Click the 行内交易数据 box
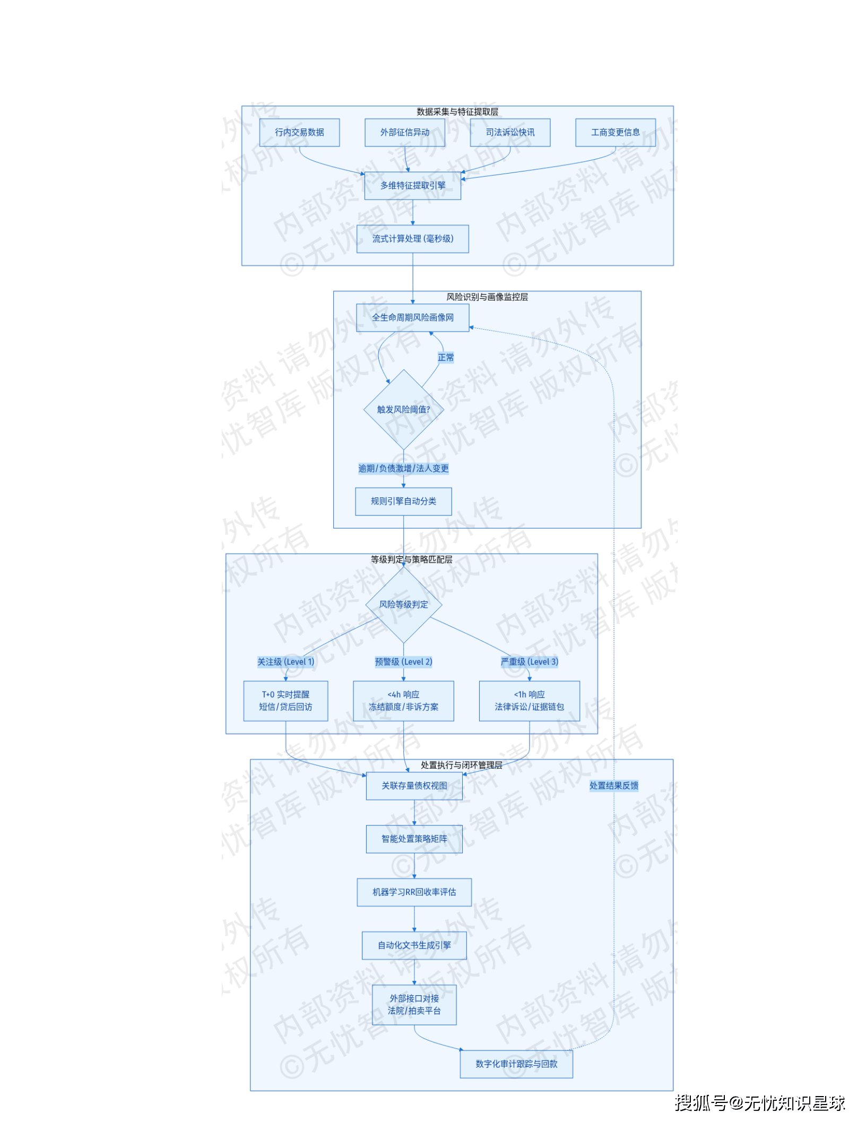(299, 132)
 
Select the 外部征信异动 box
(404, 132)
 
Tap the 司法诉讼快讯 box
(510, 132)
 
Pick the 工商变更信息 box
(615, 132)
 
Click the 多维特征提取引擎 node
(412, 185)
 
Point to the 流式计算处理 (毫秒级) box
(412, 239)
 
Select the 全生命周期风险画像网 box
(412, 317)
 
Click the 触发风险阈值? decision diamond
(403, 409)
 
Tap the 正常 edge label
(446, 357)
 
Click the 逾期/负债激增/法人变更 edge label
(403, 468)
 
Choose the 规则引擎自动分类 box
(403, 501)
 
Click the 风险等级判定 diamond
(403, 605)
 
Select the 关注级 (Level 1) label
(285, 662)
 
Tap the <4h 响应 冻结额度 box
(403, 701)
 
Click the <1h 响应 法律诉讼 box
(529, 701)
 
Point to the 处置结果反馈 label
(614, 786)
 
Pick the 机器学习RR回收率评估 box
(414, 892)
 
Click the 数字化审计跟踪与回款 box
(516, 1064)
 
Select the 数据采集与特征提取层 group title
(457, 111)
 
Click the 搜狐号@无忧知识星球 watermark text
(759, 1103)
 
